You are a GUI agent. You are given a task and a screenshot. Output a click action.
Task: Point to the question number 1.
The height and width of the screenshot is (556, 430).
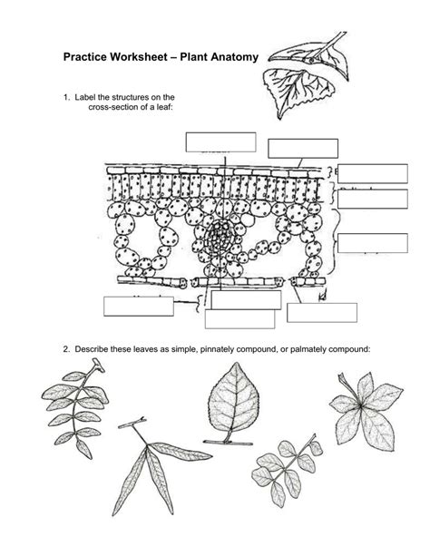[66, 96]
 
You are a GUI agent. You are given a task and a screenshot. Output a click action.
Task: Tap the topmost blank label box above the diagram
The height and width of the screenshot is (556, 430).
[220, 141]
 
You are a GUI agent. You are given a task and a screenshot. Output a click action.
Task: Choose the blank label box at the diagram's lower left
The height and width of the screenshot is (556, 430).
[138, 306]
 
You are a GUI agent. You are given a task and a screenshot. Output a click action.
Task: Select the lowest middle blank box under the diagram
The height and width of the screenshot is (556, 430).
[239, 319]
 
